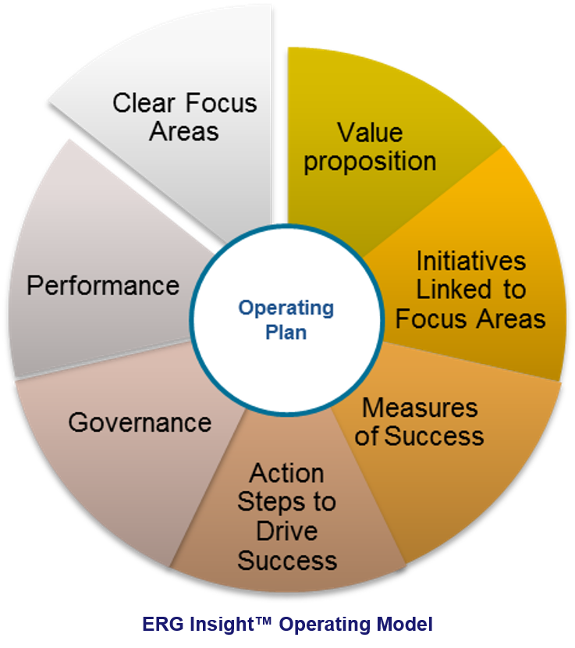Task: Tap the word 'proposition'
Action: click(370, 161)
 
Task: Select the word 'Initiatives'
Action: click(470, 260)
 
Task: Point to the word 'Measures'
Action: click(420, 407)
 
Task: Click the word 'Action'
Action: click(286, 473)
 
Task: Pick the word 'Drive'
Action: click(286, 531)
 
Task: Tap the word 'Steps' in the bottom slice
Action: click(265, 502)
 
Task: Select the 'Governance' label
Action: click(140, 422)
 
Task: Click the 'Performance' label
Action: click(103, 286)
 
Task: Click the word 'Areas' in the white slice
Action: click(184, 131)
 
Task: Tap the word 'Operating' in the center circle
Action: click(286, 308)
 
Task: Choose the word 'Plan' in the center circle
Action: click(286, 331)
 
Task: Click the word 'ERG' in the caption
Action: click(160, 625)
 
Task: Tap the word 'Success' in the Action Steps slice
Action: click(286, 560)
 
